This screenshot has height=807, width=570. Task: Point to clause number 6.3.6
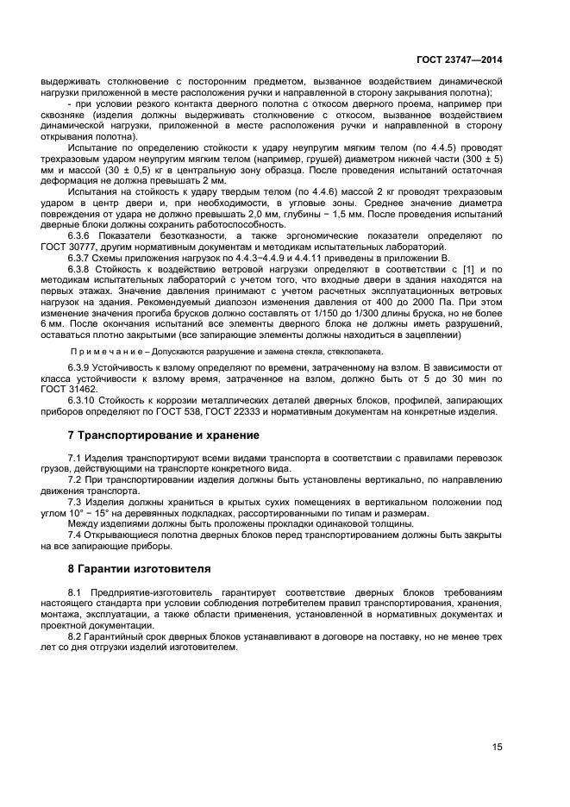[80, 235]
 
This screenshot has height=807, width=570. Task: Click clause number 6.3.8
[80, 268]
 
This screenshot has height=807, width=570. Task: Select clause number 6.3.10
[83, 401]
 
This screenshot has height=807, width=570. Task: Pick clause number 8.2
[75, 635]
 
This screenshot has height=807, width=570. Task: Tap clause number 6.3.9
[80, 368]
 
